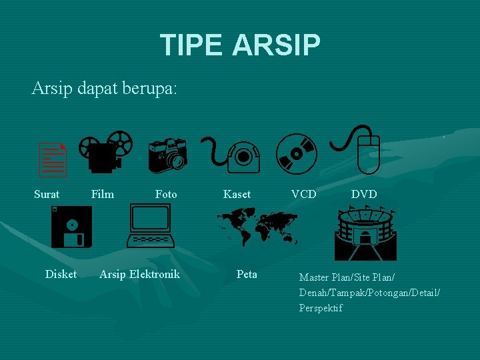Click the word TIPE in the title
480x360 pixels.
click(x=191, y=45)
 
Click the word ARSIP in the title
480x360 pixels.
click(x=276, y=45)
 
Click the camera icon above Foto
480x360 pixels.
click(x=167, y=154)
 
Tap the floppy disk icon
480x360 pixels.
click(x=71, y=227)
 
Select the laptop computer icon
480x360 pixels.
click(x=151, y=227)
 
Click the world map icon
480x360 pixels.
click(x=257, y=227)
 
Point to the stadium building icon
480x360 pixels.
click(x=365, y=233)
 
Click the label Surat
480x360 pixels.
click(x=47, y=194)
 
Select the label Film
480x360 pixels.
click(x=103, y=194)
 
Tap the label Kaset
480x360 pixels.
click(x=237, y=194)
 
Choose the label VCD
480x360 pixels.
click(x=303, y=194)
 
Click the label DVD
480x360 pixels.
click(x=364, y=194)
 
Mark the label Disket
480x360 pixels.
click(x=61, y=274)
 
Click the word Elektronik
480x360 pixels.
click(x=155, y=274)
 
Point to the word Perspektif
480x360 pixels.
click(x=321, y=308)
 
